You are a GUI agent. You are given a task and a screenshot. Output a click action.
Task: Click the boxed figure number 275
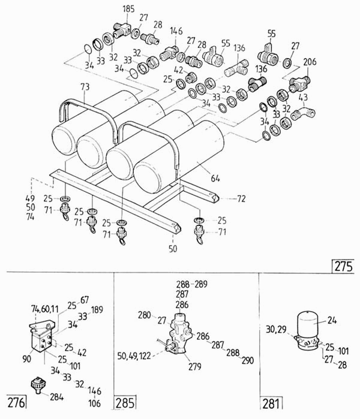click(343, 264)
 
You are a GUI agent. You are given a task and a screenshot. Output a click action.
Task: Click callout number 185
click(128, 9)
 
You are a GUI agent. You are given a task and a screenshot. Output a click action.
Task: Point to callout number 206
click(310, 62)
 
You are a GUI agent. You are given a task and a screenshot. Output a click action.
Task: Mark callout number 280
click(144, 315)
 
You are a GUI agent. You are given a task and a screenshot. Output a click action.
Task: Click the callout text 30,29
click(277, 328)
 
